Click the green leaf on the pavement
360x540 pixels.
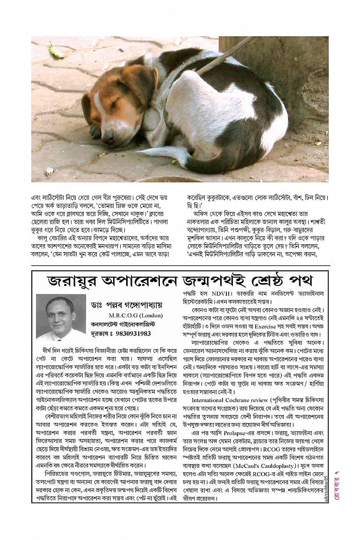57,51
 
